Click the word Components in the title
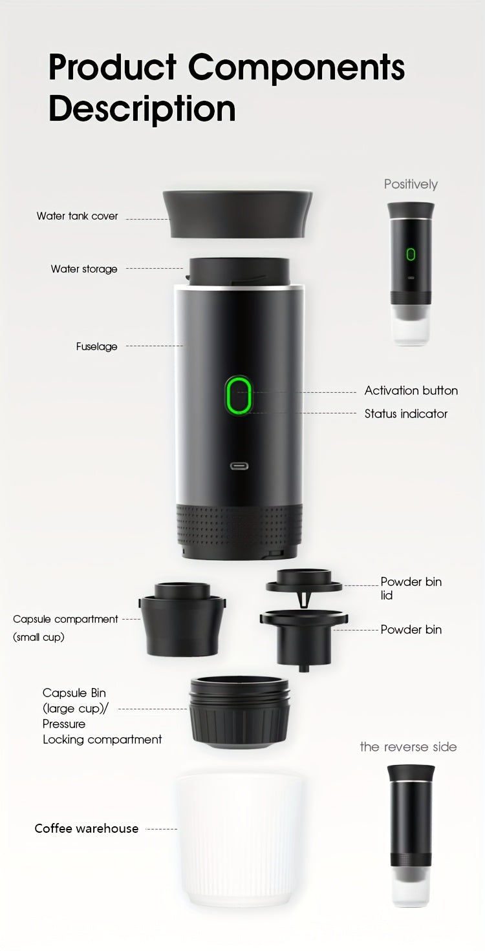point(296,68)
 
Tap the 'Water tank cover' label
point(78,216)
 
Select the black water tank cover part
point(237,214)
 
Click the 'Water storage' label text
point(84,269)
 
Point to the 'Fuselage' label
point(97,347)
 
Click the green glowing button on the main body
point(238,395)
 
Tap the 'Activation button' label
point(411,391)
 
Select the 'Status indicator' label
point(406,414)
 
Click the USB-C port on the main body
point(239,466)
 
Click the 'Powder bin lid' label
point(411,588)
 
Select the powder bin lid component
point(304,581)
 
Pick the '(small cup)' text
point(39,638)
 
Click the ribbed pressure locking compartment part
point(239,714)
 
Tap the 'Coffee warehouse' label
point(87,829)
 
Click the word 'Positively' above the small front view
point(411,184)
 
